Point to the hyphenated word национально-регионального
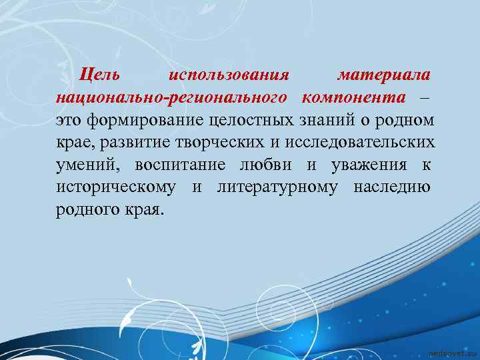(171, 97)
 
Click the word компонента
(353, 97)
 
